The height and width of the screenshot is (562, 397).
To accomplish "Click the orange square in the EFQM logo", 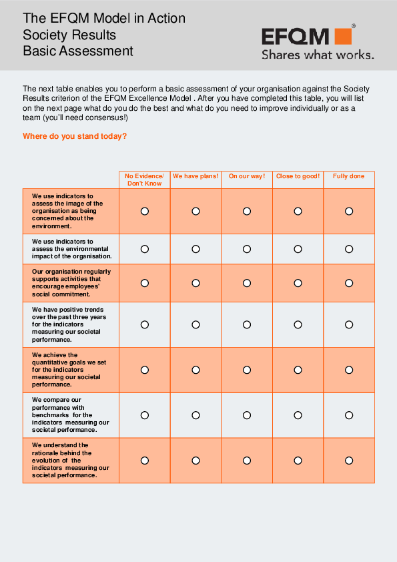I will [343, 37].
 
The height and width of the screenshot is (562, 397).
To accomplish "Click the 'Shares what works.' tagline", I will [317, 55].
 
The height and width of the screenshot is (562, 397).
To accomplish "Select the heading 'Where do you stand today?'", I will [75, 136].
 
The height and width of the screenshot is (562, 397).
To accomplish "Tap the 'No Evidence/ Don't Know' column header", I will [145, 180].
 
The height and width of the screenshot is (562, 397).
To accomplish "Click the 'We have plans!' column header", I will [195, 176].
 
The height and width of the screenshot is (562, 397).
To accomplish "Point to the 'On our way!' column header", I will [247, 176].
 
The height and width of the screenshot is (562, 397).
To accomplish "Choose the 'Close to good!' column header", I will [298, 176].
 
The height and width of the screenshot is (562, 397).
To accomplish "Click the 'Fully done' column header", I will [349, 176].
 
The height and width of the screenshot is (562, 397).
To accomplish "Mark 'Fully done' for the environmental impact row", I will [349, 249].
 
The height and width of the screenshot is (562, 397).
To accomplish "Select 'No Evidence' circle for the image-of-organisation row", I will [145, 211].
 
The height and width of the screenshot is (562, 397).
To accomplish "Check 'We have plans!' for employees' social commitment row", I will [195, 283].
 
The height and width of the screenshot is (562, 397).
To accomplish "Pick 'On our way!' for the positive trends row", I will [247, 324].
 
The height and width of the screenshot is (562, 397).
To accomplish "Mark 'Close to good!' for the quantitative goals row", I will [298, 370].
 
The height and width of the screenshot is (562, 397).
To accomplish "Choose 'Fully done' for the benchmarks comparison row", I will [349, 415].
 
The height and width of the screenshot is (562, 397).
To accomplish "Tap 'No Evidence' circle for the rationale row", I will [145, 461].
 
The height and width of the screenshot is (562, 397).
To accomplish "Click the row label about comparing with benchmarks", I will [71, 415].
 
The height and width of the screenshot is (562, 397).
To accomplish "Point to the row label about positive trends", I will [67, 324].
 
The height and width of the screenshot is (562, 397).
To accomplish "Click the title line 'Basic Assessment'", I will [78, 51].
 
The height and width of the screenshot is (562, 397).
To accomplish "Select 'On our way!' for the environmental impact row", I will [247, 249].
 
